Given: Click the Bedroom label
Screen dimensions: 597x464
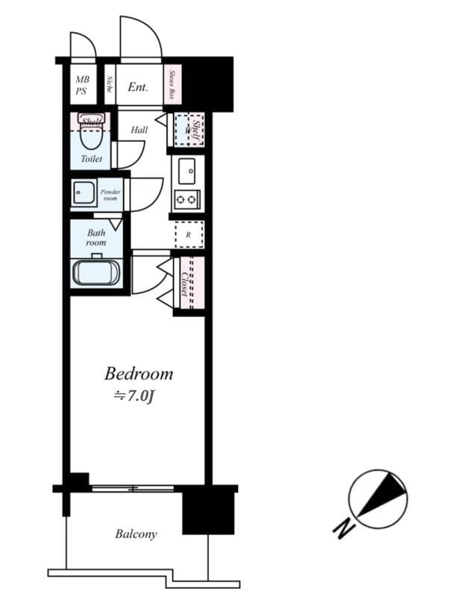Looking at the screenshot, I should coord(138,373).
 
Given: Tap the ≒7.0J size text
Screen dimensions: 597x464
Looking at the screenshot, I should coord(134,396).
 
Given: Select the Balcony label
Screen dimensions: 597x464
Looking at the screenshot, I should coord(136,534).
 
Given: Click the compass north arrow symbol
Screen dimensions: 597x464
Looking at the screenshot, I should coord(379,494).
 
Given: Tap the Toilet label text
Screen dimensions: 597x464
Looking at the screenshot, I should coord(92,159).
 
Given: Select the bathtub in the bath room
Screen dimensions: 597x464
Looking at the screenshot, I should coord(95,272).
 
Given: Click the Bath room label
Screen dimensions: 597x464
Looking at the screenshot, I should coord(95,238).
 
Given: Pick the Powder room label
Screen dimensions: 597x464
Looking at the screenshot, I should coord(110,196).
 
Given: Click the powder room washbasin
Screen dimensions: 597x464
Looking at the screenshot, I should coord(83,194).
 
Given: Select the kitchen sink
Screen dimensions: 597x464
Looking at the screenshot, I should coord(186,171).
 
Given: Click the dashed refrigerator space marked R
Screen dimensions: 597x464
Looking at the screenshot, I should coord(189,234).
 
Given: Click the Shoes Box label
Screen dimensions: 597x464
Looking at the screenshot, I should coord(172,85).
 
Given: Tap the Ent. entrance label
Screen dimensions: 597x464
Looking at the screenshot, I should coord(137,87).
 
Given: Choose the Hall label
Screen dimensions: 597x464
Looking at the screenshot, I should coord(139,130).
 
